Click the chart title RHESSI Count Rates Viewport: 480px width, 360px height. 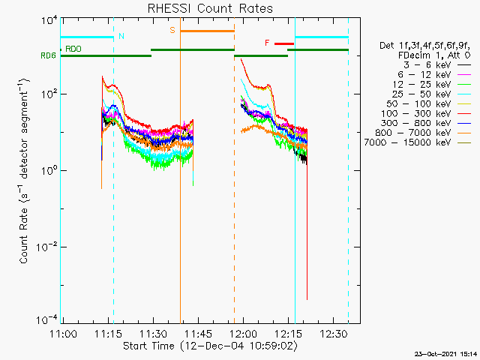pyautogui.click(x=210, y=8)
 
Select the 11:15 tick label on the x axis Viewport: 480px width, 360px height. pyautogui.click(x=108, y=334)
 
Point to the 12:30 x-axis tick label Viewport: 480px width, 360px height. pyautogui.click(x=334, y=334)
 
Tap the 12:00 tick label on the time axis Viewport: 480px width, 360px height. pyautogui.click(x=244, y=334)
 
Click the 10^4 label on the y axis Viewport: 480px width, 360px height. pyautogui.click(x=49, y=21)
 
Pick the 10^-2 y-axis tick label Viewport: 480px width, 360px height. pyautogui.click(x=46, y=247)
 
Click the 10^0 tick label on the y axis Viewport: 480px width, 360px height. pyautogui.click(x=49, y=170)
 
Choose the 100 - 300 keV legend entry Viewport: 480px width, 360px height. pyautogui.click(x=426, y=113)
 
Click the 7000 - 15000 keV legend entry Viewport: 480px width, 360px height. pyautogui.click(x=418, y=142)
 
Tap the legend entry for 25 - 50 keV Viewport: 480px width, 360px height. pyautogui.click(x=431, y=94)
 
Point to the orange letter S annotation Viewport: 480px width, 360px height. pyautogui.click(x=172, y=30)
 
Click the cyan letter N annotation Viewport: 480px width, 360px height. pyautogui.click(x=121, y=36)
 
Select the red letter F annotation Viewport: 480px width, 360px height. pyautogui.click(x=267, y=43)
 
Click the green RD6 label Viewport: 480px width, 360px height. pyautogui.click(x=48, y=55)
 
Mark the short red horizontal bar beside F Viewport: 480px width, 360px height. pyautogui.click(x=284, y=43)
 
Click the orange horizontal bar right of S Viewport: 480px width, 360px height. pyautogui.click(x=207, y=31)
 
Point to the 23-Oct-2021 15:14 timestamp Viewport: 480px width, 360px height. pyautogui.click(x=446, y=354)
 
